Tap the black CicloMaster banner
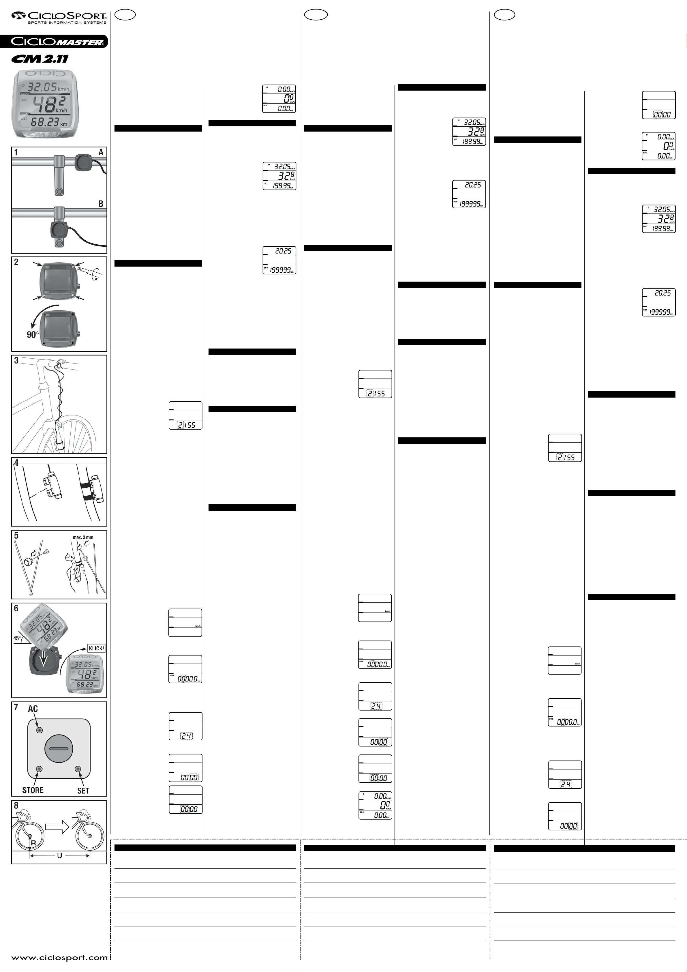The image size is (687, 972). pos(54,42)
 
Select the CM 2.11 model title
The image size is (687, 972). pos(40,59)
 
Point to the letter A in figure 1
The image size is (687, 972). pos(101,152)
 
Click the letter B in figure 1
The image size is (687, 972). pos(101,204)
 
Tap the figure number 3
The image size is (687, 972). pos(16,361)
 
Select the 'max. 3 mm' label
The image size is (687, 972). pos(83,537)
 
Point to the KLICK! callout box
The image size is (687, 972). pos(96,648)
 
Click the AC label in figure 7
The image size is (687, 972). pos(33,709)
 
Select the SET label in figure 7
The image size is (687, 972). pos(83,791)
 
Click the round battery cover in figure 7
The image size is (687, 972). pos(59,748)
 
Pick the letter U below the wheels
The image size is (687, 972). pos(59,855)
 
